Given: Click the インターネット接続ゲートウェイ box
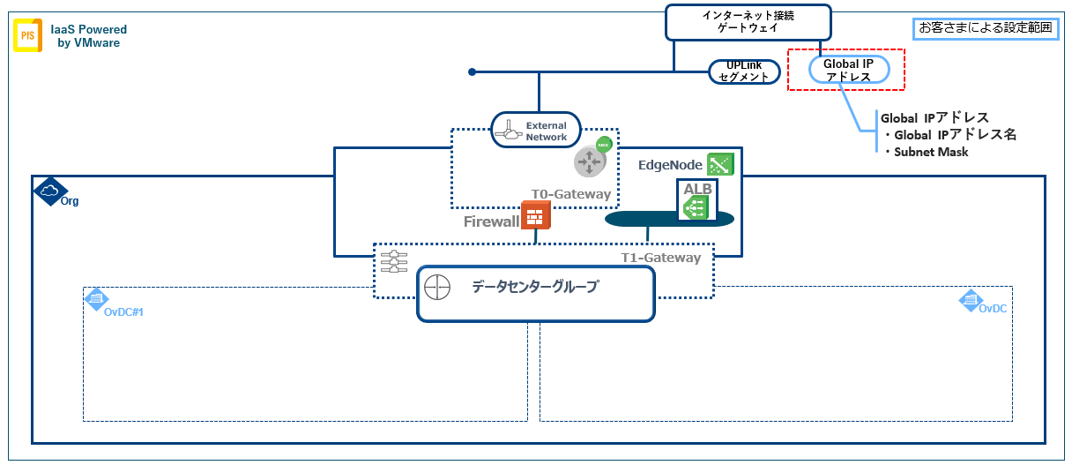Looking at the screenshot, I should point(748,22).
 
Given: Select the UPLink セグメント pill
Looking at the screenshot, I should point(744,72).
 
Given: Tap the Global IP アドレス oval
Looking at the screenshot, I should point(847,70).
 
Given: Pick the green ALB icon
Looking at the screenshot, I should point(695,206).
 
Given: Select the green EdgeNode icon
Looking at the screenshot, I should point(720,164).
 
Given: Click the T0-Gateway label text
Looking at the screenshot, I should point(570,194).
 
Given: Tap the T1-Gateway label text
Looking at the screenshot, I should point(661,258).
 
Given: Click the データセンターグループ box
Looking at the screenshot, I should point(535,294).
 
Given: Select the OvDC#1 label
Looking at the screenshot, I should point(123,311).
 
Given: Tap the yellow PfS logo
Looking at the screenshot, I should point(27,36).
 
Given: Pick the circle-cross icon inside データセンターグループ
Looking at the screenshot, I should point(437,288).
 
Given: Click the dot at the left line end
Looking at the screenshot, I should point(473,71).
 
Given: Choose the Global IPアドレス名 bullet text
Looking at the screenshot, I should point(956,135).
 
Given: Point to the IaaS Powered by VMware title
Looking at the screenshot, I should point(89,35).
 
